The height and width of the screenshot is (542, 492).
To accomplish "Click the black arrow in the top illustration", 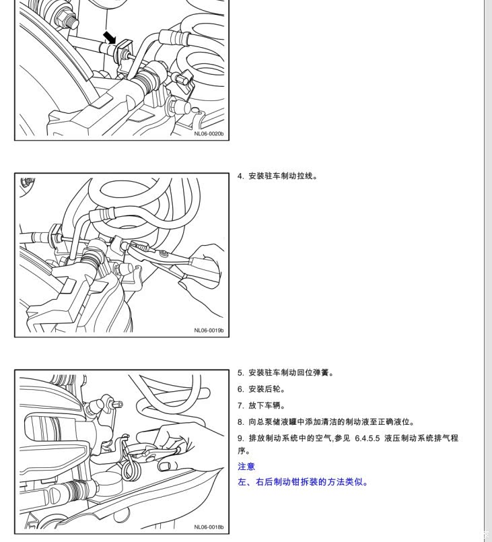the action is (110, 37).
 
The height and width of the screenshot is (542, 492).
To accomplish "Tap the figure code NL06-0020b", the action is (209, 134).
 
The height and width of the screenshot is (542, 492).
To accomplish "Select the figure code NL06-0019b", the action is (209, 331).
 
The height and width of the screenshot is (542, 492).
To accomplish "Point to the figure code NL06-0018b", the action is (209, 527).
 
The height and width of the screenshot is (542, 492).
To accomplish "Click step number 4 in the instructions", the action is (240, 176).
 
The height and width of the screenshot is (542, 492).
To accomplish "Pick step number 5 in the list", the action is (240, 373).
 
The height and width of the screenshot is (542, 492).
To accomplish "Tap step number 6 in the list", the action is (240, 389).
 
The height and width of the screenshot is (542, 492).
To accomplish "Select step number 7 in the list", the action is (240, 405).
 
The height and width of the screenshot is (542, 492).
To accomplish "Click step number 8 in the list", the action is (240, 421).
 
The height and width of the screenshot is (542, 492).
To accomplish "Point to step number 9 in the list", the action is (240, 438).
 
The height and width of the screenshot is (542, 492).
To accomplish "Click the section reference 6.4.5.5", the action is (367, 438).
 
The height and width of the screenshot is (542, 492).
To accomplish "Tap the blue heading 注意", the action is (246, 467).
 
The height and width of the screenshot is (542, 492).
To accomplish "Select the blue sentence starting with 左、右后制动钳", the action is (303, 482).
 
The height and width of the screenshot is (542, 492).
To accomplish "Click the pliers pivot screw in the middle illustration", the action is (163, 255).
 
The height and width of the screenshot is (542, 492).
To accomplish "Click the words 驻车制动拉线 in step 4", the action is (289, 176).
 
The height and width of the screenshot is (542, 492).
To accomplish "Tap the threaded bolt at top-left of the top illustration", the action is (68, 18).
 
